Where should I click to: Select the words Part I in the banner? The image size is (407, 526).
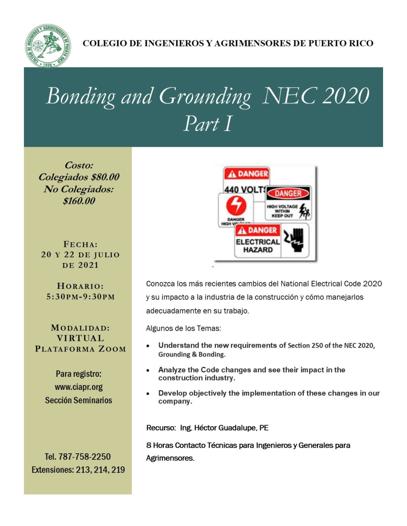(208, 123)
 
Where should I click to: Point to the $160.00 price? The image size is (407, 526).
(79, 201)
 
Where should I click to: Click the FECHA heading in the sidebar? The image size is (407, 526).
(80, 244)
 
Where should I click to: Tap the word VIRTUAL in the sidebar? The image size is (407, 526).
(80, 338)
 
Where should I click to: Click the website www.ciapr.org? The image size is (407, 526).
(79, 387)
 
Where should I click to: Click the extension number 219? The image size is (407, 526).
(118, 470)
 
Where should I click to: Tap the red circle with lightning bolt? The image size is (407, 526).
(236, 207)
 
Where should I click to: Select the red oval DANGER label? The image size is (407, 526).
(288, 193)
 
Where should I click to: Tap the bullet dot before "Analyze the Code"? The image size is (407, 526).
(149, 370)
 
